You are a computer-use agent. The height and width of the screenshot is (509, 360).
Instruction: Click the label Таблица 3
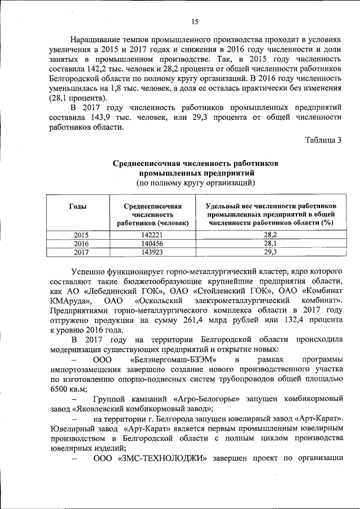(x=323, y=140)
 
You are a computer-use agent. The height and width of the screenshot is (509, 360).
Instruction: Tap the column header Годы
(x=78, y=206)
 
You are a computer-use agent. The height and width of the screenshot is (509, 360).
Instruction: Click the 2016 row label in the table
(x=82, y=244)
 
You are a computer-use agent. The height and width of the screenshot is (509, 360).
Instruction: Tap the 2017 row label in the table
(x=82, y=253)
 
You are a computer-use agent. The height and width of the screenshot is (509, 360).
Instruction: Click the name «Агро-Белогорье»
(x=201, y=399)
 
